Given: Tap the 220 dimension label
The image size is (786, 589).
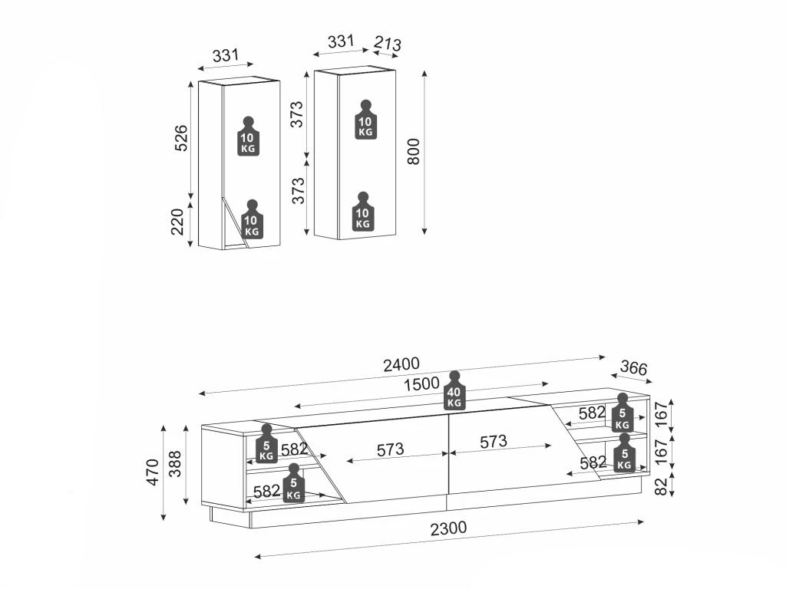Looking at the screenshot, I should click(x=178, y=222).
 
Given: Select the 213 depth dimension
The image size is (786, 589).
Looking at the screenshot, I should click(x=388, y=44).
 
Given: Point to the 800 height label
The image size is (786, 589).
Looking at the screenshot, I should click(x=414, y=152).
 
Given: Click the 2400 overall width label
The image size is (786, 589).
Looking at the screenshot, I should click(x=401, y=364).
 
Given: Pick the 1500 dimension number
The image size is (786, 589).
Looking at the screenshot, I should click(x=422, y=383).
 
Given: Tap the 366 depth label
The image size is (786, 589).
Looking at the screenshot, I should click(x=633, y=368).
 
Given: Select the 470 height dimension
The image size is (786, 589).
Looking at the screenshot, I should click(x=153, y=472).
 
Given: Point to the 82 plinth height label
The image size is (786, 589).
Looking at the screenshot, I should click(x=662, y=485).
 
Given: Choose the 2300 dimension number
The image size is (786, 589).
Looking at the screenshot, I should click(x=448, y=528).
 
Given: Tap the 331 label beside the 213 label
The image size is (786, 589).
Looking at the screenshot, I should click(x=340, y=41).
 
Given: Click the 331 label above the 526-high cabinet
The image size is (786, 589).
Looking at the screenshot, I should click(x=226, y=55).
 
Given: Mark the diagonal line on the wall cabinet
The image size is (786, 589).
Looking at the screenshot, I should click(x=235, y=222).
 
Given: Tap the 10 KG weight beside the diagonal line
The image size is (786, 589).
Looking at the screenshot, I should click(x=251, y=221).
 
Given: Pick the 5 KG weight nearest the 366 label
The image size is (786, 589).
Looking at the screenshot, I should click(x=623, y=413).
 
